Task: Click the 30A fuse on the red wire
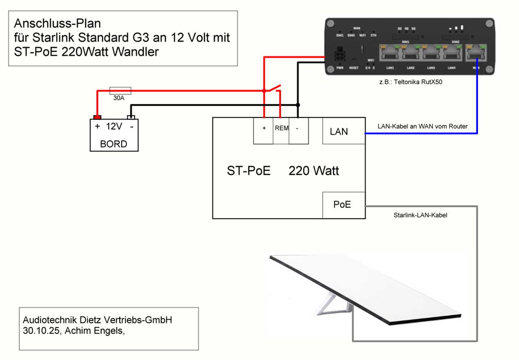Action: point(120,91)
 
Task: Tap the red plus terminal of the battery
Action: point(97,117)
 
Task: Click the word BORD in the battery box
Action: point(114,144)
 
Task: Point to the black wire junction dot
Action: point(298,105)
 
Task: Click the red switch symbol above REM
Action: point(272,89)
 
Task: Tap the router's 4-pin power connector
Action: point(340,54)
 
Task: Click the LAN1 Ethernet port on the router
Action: point(390,53)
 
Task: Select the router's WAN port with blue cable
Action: point(476,53)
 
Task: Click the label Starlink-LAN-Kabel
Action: point(420,215)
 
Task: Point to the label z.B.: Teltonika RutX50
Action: point(411,82)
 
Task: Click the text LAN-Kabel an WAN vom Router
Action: point(422,127)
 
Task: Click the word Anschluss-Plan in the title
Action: point(57,23)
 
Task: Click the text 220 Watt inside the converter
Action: point(313,171)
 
